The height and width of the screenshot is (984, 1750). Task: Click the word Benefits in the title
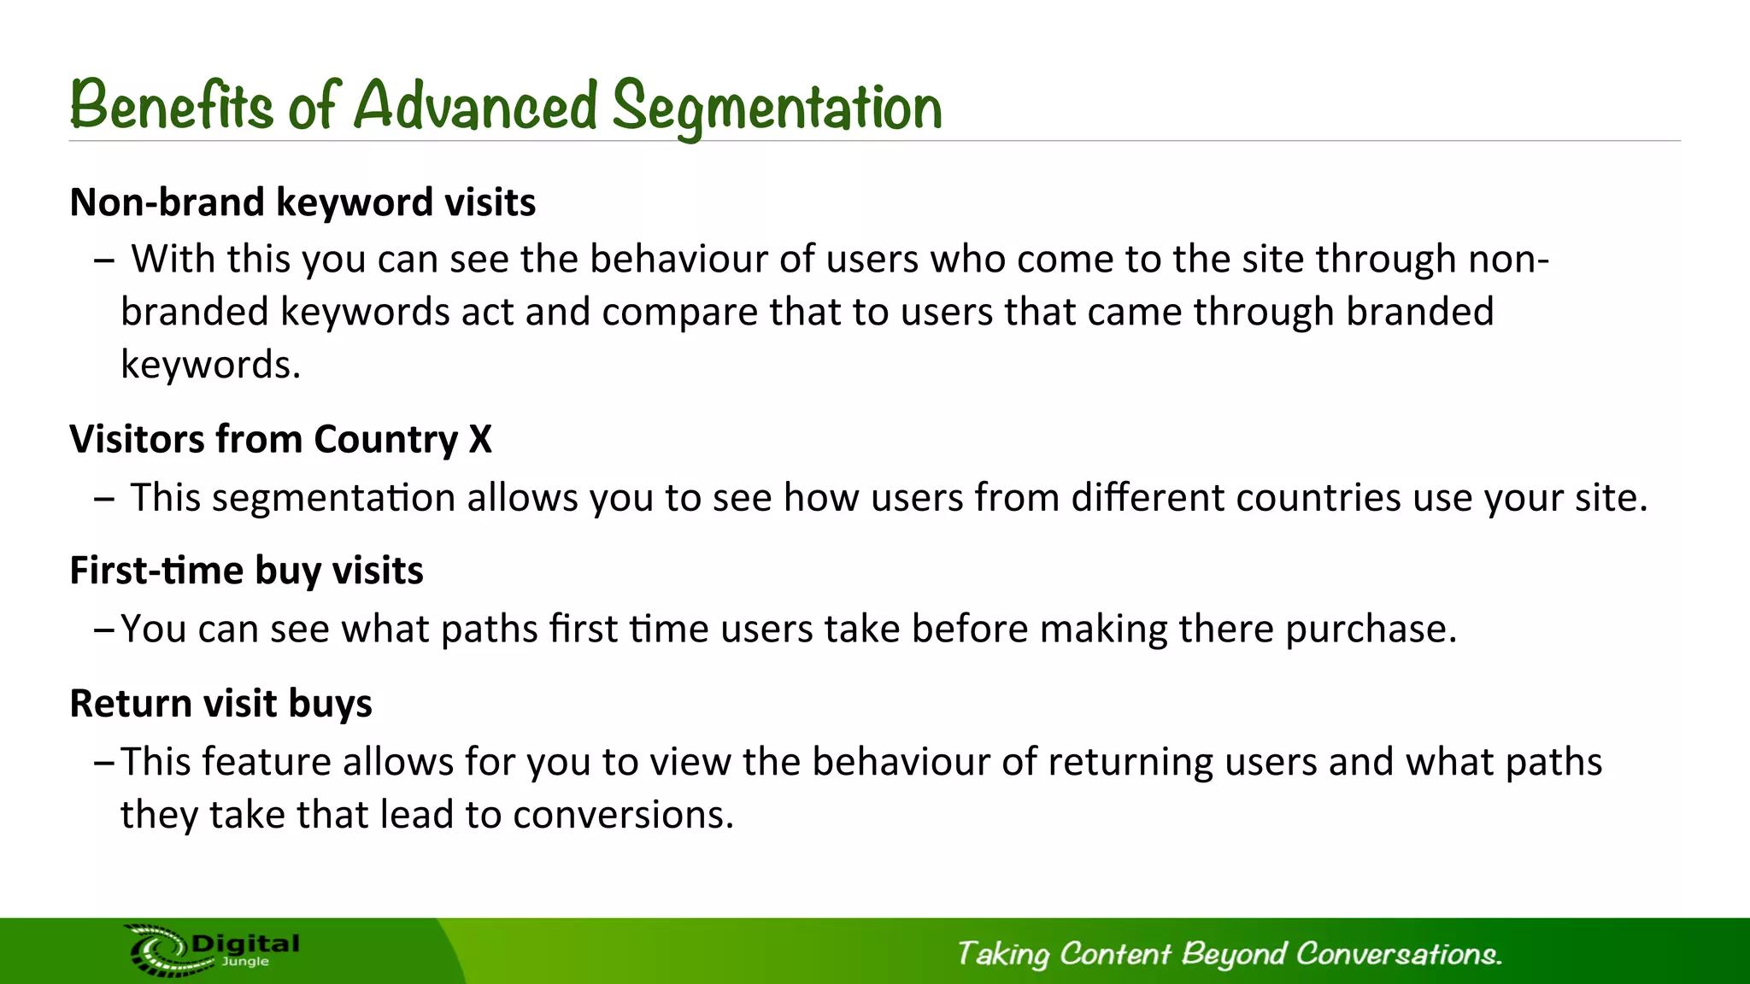coord(171,107)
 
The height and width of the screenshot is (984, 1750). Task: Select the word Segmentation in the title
coord(777,108)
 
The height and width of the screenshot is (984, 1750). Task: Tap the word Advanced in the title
coord(475,107)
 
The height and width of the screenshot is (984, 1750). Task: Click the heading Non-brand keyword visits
coord(302,202)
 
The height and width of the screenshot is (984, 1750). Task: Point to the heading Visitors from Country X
coord(280,439)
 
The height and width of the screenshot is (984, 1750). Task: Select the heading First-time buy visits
coord(246,571)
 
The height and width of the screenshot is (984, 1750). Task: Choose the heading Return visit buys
coord(220,704)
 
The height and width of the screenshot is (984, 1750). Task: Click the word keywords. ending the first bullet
coord(210,365)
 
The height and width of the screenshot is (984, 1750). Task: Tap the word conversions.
coord(623,815)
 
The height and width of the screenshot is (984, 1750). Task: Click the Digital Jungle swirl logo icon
coord(159,950)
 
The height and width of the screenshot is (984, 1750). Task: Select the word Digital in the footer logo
coord(246,944)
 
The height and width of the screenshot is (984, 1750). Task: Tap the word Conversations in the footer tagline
coord(1398,953)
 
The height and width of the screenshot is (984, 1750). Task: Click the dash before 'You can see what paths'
coord(103,630)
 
